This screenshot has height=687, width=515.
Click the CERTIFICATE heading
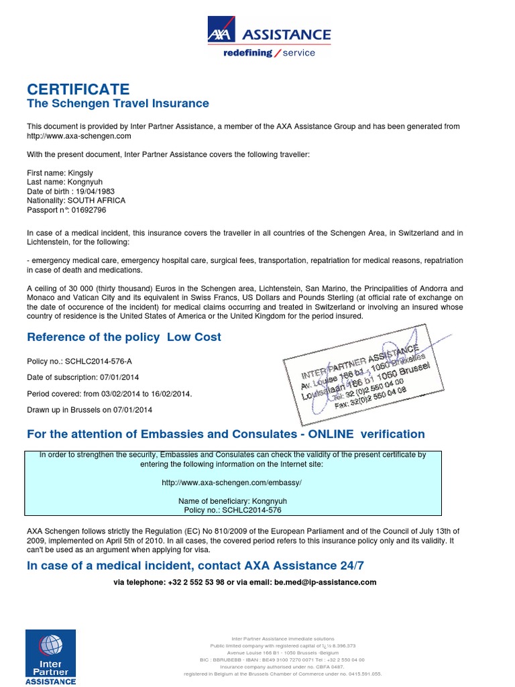tap(78, 89)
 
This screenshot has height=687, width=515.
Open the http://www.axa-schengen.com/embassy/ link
tap(232, 482)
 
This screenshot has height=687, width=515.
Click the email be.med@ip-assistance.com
tap(325, 582)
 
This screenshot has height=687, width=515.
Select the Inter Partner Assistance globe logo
tap(50, 645)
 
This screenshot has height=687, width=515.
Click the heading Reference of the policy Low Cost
tap(124, 337)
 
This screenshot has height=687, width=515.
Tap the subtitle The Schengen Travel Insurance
tap(117, 103)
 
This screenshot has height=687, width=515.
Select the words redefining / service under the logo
tap(269, 53)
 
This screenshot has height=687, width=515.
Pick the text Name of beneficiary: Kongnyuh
tap(232, 500)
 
